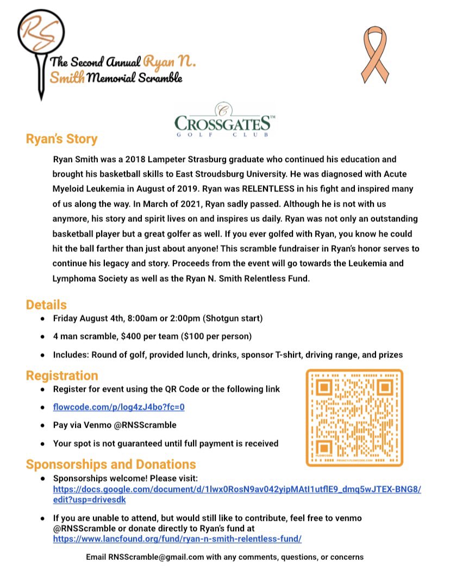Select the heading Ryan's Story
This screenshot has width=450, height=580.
click(x=61, y=139)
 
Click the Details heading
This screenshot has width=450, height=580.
click(x=46, y=304)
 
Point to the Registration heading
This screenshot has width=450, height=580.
click(x=62, y=375)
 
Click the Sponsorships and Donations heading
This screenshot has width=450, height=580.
click(x=111, y=464)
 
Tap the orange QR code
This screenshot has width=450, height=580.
click(x=354, y=417)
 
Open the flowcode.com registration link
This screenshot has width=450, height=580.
click(x=122, y=407)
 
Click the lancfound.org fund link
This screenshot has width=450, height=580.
click(x=177, y=538)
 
